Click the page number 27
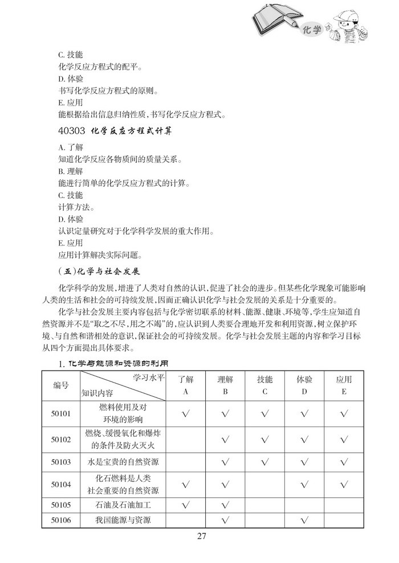[x=201, y=536]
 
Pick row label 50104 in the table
[x=61, y=484]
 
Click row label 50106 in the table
[x=61, y=520]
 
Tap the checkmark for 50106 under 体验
[x=304, y=520]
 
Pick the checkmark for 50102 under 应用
[x=344, y=439]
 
